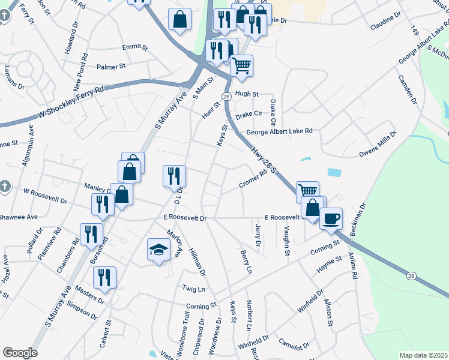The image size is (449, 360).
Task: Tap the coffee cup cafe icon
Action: click(x=330, y=218)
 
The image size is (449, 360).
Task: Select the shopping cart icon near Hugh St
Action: click(x=241, y=65)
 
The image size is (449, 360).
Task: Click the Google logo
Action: click(x=20, y=353)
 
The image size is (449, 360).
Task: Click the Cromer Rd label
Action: click(x=252, y=179)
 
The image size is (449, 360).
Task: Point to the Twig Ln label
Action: click(x=193, y=289)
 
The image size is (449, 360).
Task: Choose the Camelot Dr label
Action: click(x=294, y=344)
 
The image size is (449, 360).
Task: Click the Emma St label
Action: click(x=134, y=47)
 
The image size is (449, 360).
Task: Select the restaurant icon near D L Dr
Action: click(x=174, y=176)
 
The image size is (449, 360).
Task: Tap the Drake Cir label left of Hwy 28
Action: click(x=249, y=114)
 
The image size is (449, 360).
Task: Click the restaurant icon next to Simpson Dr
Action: click(x=104, y=277)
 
